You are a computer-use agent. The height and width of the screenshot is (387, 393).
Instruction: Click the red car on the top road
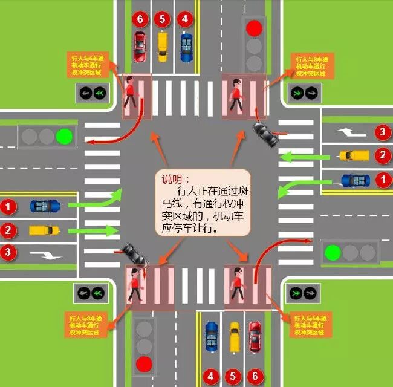coord(140,44)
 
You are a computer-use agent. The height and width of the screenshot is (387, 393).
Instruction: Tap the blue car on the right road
coord(355,180)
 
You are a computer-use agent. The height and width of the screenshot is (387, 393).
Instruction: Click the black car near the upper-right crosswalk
coord(265,134)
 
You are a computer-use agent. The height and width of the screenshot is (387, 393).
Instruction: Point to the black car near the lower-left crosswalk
coord(134,255)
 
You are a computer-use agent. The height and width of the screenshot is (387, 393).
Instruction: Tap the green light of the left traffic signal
coord(63,136)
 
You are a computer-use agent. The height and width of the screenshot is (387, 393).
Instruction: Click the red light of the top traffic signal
coord(254,28)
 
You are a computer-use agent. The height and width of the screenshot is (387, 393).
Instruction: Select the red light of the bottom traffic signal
coord(144,363)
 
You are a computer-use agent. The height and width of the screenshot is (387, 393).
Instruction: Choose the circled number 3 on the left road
coord(8,252)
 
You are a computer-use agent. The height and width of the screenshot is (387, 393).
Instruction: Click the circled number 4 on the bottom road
coord(211,376)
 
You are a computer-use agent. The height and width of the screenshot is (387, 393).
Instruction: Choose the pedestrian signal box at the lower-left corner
coord(91,293)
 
